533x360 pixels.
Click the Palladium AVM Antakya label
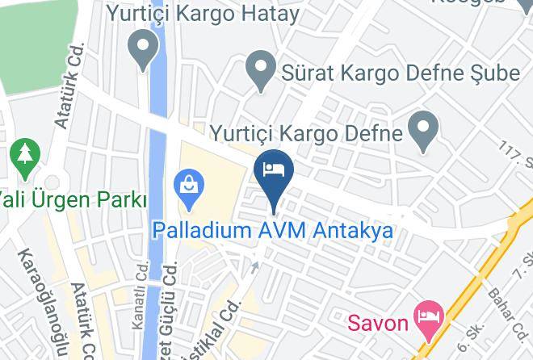(x=273, y=231)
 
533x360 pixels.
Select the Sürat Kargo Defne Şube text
(x=401, y=73)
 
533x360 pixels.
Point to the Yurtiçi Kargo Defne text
(x=306, y=132)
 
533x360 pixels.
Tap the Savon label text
(x=379, y=324)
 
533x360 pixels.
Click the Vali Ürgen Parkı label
(x=73, y=199)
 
